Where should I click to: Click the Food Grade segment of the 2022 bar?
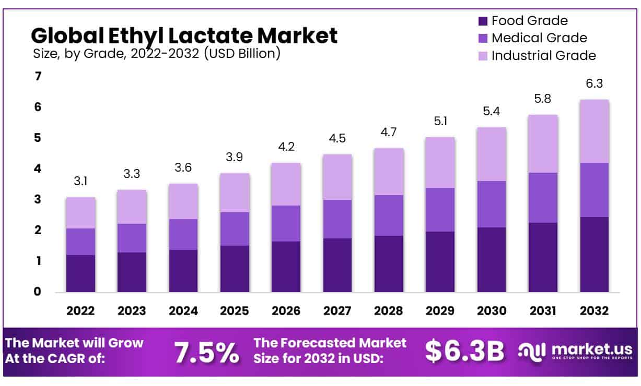(x=80, y=273)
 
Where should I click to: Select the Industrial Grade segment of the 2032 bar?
(x=595, y=131)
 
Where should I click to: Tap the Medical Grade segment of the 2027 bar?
(x=337, y=219)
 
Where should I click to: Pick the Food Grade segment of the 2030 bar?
(x=492, y=260)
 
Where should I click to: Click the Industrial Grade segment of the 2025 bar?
(x=235, y=192)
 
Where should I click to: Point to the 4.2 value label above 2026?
(x=286, y=146)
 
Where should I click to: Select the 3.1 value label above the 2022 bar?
(x=80, y=181)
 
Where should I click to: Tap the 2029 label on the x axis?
(x=440, y=311)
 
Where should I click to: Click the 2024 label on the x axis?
(x=183, y=311)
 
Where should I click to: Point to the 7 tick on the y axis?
(x=38, y=77)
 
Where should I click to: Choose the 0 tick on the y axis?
(x=38, y=292)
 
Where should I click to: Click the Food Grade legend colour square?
(x=483, y=21)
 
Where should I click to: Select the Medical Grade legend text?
(x=539, y=38)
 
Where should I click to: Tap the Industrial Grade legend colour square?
(x=483, y=55)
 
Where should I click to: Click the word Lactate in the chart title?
(x=214, y=35)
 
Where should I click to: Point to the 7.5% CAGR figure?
(x=206, y=352)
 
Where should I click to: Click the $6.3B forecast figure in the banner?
(x=464, y=351)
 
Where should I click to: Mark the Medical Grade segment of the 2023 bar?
(x=132, y=238)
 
